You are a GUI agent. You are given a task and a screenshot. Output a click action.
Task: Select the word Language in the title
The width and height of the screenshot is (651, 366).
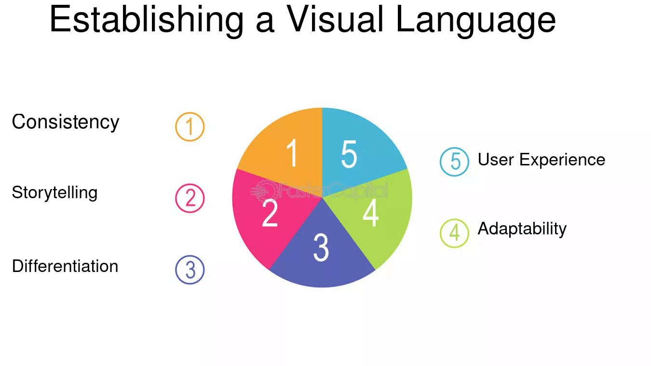(x=476, y=21)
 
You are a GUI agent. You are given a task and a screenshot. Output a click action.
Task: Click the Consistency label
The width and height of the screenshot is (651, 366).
(x=66, y=122)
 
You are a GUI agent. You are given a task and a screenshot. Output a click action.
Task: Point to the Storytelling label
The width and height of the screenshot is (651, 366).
(x=54, y=193)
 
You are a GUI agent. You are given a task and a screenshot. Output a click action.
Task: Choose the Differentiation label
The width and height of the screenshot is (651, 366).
(x=65, y=266)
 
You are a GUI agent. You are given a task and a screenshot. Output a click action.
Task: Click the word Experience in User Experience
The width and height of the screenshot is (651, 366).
(x=562, y=161)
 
